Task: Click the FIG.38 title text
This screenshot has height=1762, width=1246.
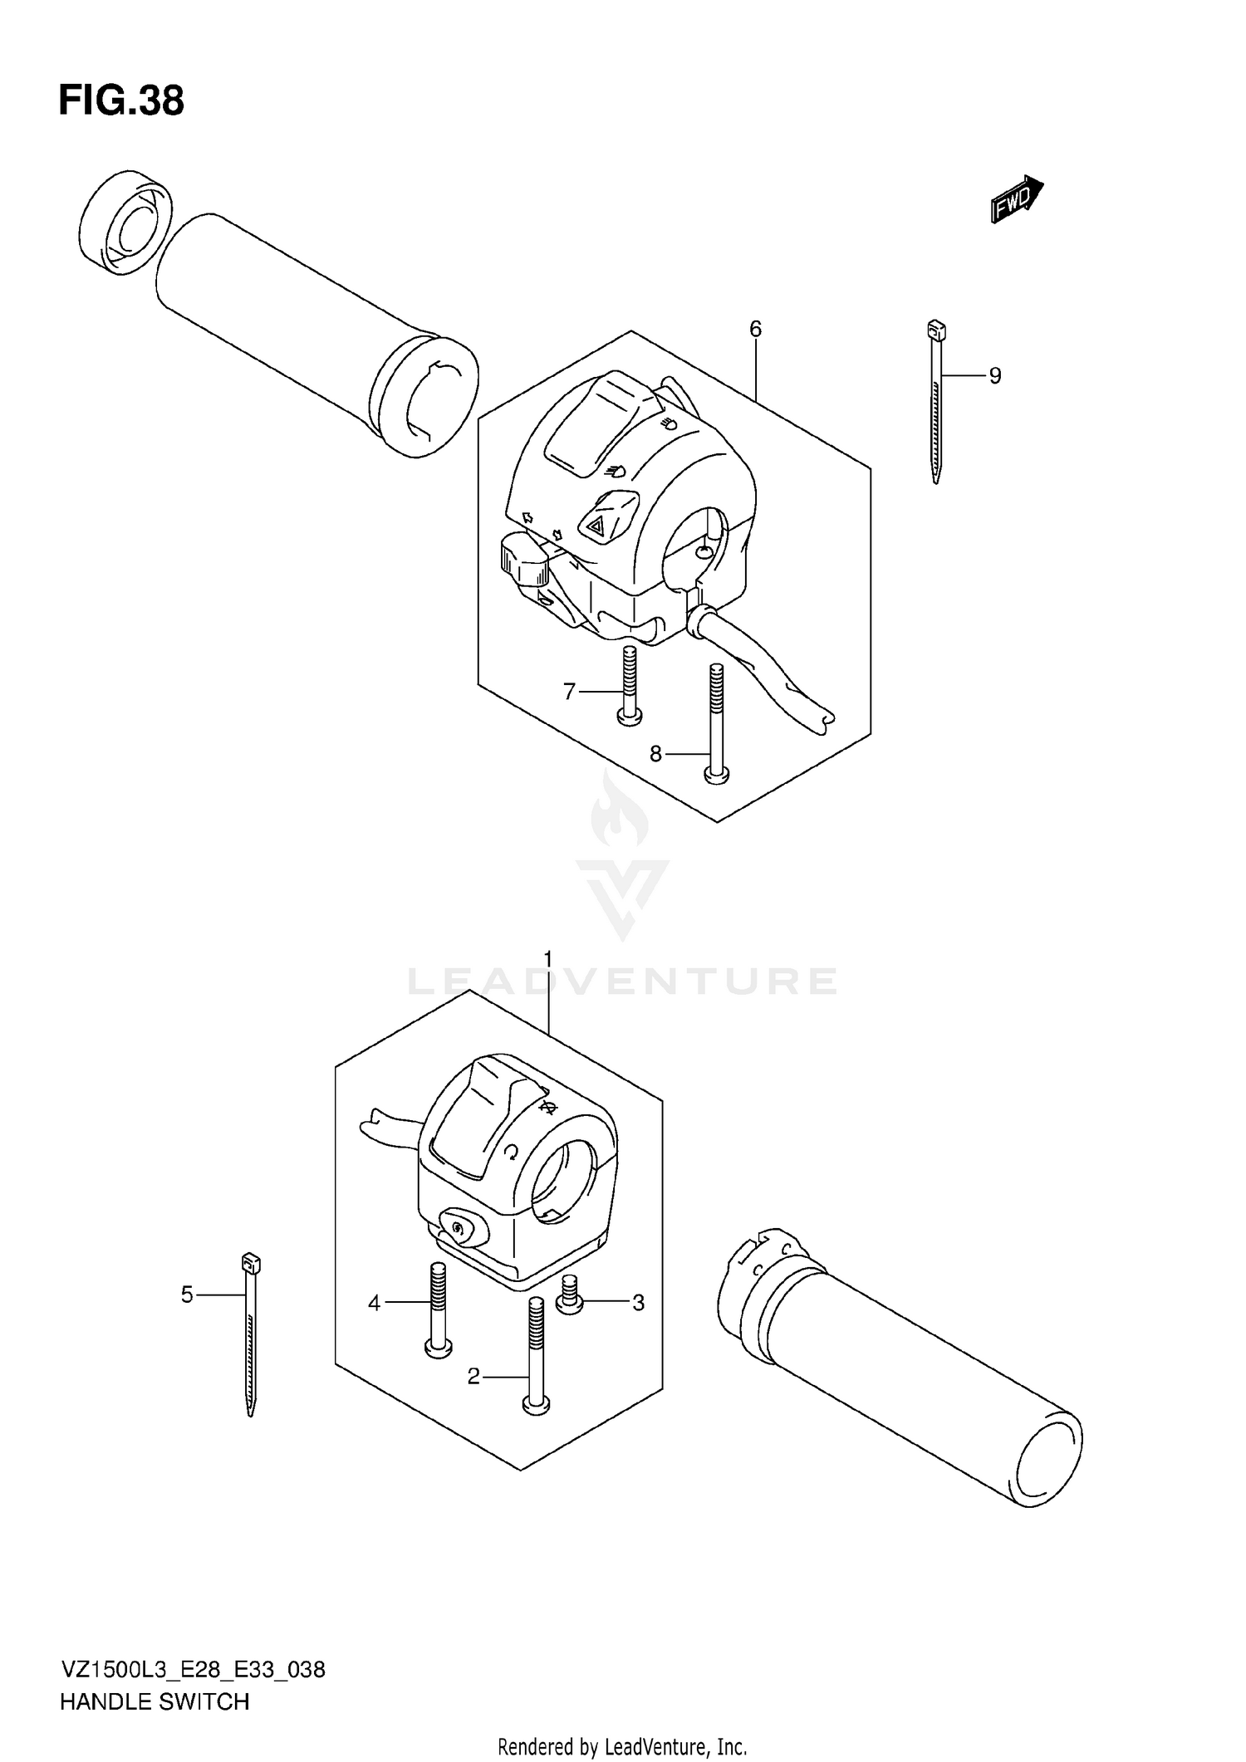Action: pos(121,101)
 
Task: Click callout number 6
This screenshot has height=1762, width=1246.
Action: pos(755,329)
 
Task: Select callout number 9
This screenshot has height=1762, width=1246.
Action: pos(994,376)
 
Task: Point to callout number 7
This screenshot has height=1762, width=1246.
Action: pos(569,691)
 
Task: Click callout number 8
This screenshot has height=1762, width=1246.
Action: pos(655,754)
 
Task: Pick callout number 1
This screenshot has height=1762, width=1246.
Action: pos(547,960)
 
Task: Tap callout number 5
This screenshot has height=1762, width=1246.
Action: pos(187,1295)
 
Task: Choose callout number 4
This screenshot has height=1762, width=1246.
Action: pos(374,1304)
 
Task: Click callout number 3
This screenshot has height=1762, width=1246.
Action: pos(638,1303)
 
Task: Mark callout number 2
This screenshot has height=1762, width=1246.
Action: pos(473,1378)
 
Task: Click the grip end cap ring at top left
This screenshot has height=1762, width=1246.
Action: pos(125,222)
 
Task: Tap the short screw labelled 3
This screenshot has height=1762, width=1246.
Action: pos(570,1295)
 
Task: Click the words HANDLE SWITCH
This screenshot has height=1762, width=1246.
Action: pos(155,1702)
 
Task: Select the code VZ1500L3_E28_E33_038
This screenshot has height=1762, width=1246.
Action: pos(192,1670)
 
